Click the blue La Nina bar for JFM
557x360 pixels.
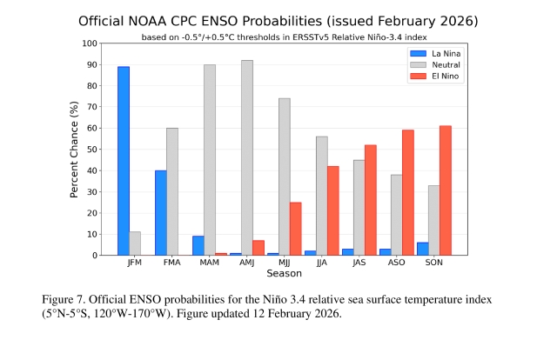pyautogui.click(x=124, y=161)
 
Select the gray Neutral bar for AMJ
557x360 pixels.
pyautogui.click(x=247, y=157)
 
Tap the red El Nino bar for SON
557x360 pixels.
pyautogui.click(x=446, y=190)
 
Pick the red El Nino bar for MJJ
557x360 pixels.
pyautogui.click(x=296, y=229)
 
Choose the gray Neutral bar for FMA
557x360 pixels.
pyautogui.click(x=172, y=191)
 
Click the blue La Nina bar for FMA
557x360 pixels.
pyautogui.click(x=161, y=213)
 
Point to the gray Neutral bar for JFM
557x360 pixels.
pyautogui.click(x=135, y=243)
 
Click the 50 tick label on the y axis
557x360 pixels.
pyautogui.click(x=91, y=149)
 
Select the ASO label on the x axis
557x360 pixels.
pyautogui.click(x=396, y=262)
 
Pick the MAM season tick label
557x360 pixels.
pyautogui.click(x=210, y=262)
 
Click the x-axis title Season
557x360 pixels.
pyautogui.click(x=284, y=273)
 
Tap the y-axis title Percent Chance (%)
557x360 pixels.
pyautogui.click(x=75, y=149)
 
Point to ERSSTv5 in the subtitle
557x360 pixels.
pyautogui.click(x=310, y=37)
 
